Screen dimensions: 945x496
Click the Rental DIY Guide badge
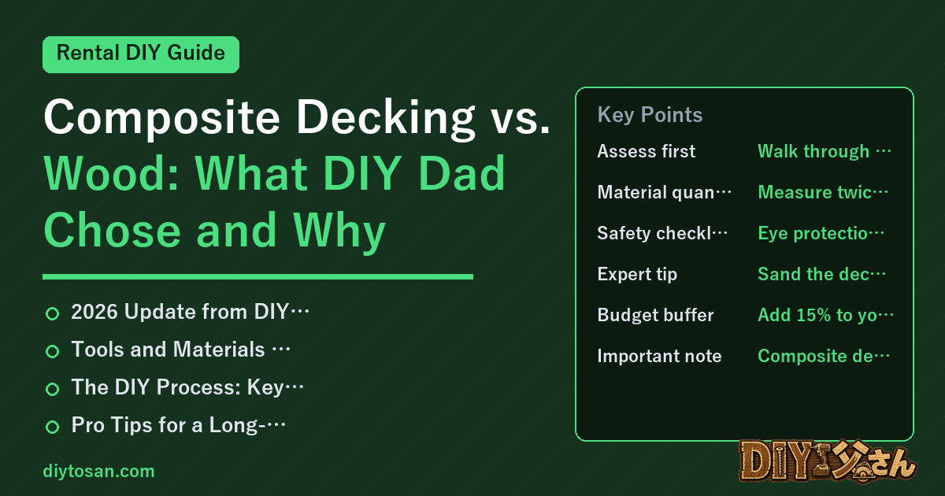(x=141, y=54)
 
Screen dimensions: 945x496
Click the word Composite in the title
(x=162, y=117)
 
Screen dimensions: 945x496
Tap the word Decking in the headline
(x=386, y=117)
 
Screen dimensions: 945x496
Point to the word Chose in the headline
(x=112, y=231)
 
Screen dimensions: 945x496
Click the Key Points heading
(x=650, y=115)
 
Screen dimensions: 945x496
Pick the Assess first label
(x=647, y=151)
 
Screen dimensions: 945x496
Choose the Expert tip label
(x=637, y=274)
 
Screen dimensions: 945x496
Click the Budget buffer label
(x=655, y=315)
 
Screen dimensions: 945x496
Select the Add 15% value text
(x=825, y=315)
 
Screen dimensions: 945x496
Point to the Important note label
(x=659, y=356)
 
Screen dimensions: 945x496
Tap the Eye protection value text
(x=821, y=233)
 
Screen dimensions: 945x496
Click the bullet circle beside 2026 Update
(x=52, y=313)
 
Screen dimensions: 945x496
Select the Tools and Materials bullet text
(x=180, y=350)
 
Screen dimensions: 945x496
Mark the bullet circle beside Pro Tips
(x=52, y=427)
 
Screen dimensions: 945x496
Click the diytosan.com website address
(x=98, y=471)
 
